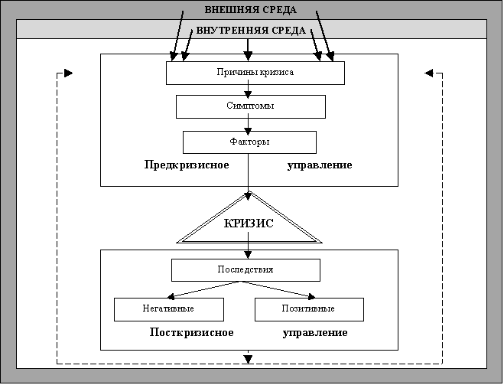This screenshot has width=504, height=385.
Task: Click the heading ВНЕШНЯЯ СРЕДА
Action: [251, 10]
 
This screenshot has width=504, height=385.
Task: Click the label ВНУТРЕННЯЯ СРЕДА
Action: [251, 31]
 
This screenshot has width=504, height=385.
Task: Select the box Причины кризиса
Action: [255, 72]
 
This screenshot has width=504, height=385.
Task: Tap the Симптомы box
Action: [252, 106]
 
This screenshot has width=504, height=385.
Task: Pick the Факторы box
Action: [249, 142]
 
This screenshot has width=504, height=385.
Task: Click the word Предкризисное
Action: [187, 165]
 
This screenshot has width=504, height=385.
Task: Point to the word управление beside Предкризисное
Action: [320, 165]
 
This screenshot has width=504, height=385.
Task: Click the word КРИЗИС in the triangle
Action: [249, 224]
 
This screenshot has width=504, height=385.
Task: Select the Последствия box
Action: [245, 269]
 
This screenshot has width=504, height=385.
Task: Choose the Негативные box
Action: [168, 308]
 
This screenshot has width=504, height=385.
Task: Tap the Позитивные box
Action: [308, 308]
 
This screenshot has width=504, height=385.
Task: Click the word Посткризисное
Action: [191, 333]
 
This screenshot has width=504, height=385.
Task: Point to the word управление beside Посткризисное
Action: [315, 333]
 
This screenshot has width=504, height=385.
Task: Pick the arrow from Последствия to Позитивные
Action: [283, 289]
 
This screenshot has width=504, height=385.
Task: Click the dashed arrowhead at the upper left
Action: [68, 73]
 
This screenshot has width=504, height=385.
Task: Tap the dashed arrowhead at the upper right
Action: [428, 73]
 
